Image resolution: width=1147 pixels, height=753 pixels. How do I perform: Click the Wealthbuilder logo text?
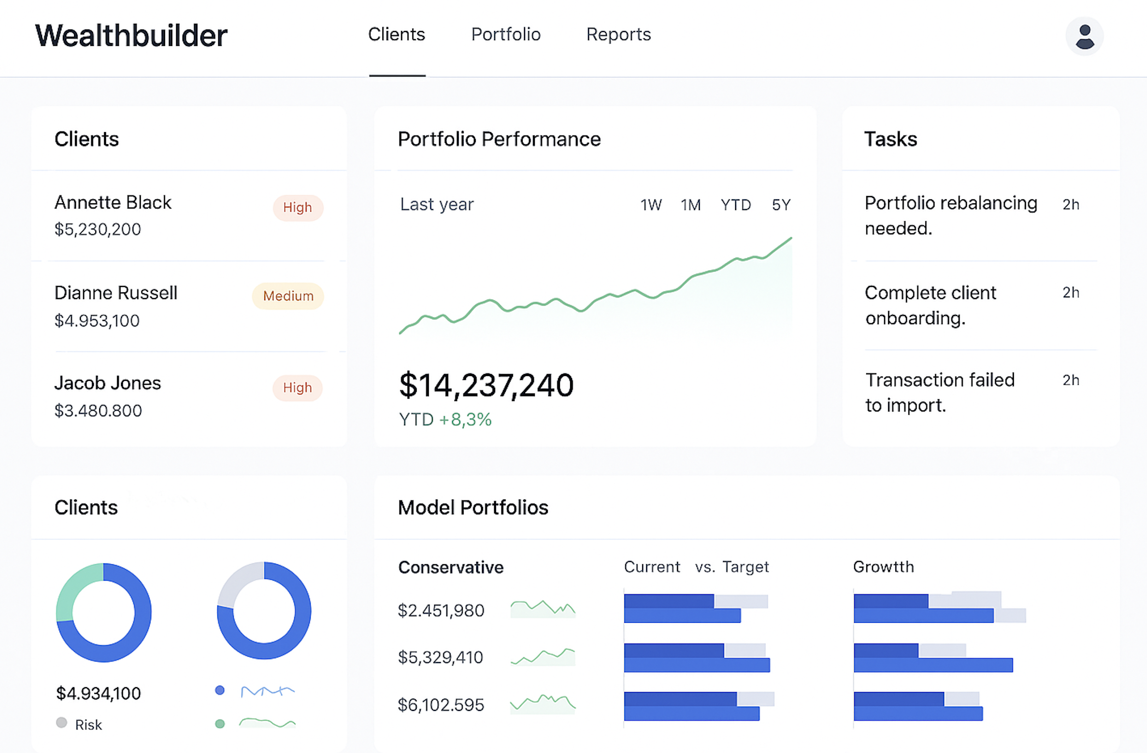point(131,36)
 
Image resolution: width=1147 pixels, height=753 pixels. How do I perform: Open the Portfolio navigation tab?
point(506,35)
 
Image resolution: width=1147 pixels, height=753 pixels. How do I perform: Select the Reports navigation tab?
point(619,35)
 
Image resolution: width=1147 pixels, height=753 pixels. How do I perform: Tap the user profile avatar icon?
point(1084,37)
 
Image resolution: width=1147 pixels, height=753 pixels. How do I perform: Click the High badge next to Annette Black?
point(298,208)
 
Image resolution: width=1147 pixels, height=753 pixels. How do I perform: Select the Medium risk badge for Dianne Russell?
point(288,296)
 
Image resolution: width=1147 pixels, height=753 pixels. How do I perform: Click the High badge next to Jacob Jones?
point(298,388)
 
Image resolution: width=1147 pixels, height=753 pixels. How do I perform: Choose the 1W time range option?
point(651,205)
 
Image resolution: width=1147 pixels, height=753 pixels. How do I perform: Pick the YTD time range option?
point(736,205)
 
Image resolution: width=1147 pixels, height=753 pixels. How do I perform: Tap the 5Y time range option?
point(781,205)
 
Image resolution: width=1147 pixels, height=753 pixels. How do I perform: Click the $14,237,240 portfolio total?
point(486,386)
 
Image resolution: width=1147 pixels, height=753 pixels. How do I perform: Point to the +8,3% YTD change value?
point(465,420)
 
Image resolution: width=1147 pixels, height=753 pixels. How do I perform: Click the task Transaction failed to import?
point(940,392)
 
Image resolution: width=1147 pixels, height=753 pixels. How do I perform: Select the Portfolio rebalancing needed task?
point(951,215)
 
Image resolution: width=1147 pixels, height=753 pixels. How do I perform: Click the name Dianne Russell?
point(116,293)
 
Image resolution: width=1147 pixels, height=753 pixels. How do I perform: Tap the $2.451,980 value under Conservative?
point(441,611)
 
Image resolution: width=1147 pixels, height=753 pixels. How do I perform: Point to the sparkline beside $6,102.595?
point(543,704)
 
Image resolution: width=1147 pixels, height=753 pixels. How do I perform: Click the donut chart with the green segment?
point(104,612)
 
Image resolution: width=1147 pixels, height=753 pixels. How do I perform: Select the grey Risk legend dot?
point(61,723)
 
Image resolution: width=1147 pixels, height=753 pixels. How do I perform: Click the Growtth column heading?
point(883,567)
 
